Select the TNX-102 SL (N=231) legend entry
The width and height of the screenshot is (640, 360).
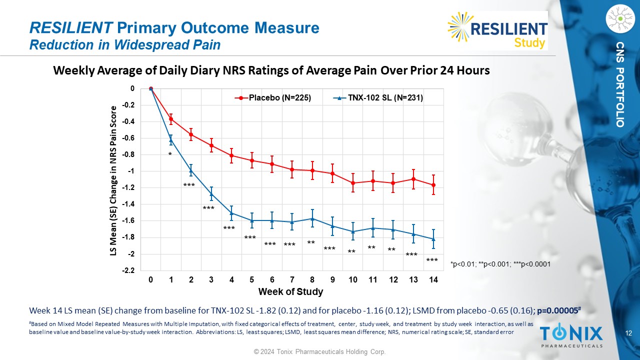378,98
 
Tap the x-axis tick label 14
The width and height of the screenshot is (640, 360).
433,280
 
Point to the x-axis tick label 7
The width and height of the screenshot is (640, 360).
292,280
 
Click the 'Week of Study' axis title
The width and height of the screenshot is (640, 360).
290,291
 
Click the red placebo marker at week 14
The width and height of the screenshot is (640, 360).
433,185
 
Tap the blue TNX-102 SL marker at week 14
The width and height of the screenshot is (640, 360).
433,239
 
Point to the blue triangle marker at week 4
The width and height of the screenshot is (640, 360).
231,213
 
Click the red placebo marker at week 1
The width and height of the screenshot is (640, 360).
171,119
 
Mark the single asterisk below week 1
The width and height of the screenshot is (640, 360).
170,155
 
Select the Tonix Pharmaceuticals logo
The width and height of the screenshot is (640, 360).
571,335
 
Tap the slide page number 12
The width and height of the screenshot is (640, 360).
629,333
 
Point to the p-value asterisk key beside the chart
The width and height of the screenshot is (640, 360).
500,264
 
